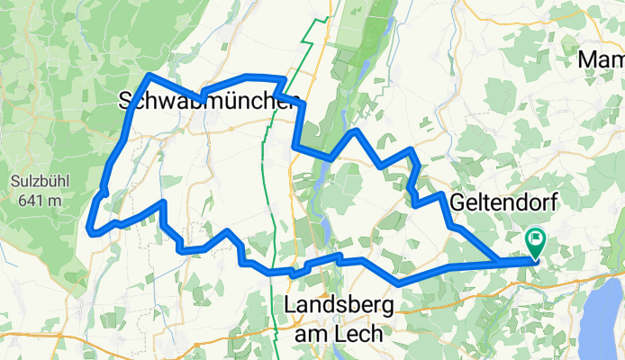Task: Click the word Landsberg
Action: tap(339, 306)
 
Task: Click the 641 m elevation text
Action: tap(36, 200)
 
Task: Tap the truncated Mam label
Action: tap(601, 60)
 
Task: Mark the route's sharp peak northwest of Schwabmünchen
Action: tap(148, 75)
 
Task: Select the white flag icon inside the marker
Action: tap(537, 238)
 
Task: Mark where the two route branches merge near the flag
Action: tap(502, 263)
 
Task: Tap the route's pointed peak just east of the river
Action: tap(357, 131)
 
